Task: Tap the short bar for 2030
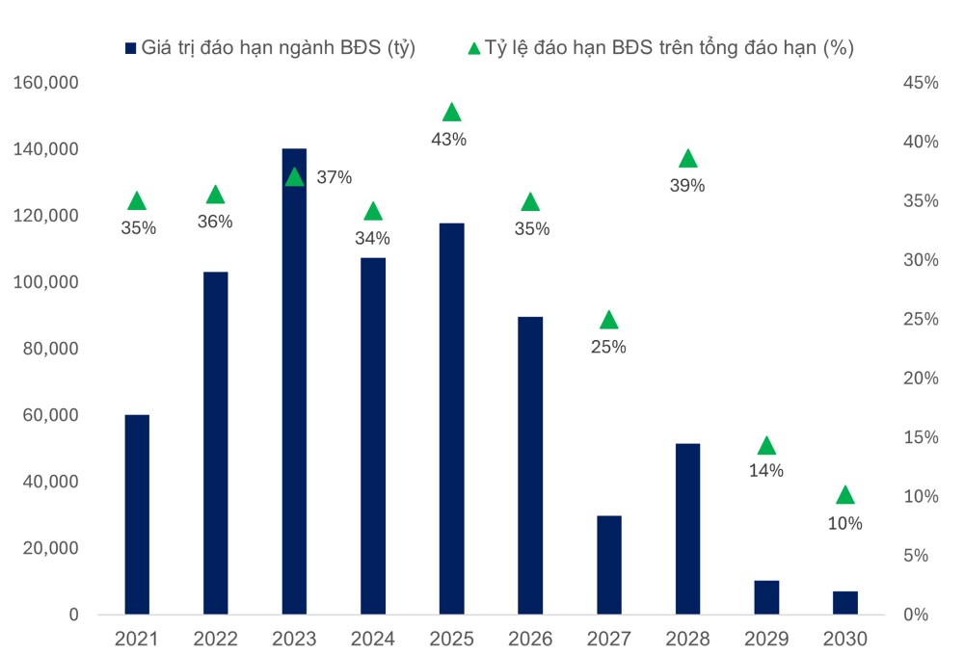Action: coord(844,603)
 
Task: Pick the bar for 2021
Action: coord(137,514)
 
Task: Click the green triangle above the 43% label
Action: coord(451,113)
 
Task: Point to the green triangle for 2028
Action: coord(687,159)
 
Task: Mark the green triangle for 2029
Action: coord(766,445)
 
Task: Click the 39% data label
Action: coord(687,186)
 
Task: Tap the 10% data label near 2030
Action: coord(844,524)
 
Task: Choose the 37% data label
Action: coord(335,177)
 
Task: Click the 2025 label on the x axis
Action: coord(451,639)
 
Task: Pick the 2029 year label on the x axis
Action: coord(766,639)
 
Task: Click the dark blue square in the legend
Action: coord(130,47)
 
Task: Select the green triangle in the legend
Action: coord(473,47)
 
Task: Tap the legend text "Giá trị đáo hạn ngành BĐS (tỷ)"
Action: coord(278,47)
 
